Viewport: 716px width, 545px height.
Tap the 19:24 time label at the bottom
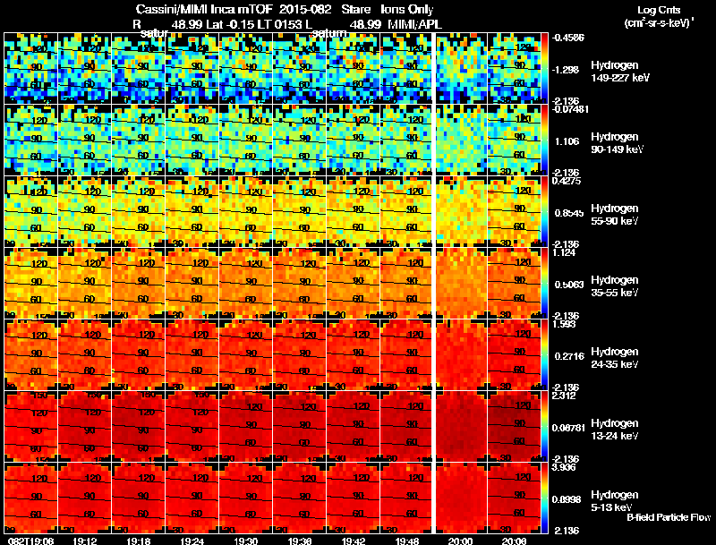tap(192, 541)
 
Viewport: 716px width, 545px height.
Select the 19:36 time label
tap(299, 541)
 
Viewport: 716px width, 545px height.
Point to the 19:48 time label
tap(406, 541)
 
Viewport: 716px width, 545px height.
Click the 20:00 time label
tap(461, 541)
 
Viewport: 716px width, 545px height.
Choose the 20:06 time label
tap(514, 541)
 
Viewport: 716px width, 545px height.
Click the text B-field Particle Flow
tap(668, 517)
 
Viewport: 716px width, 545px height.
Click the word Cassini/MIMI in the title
tap(170, 10)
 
